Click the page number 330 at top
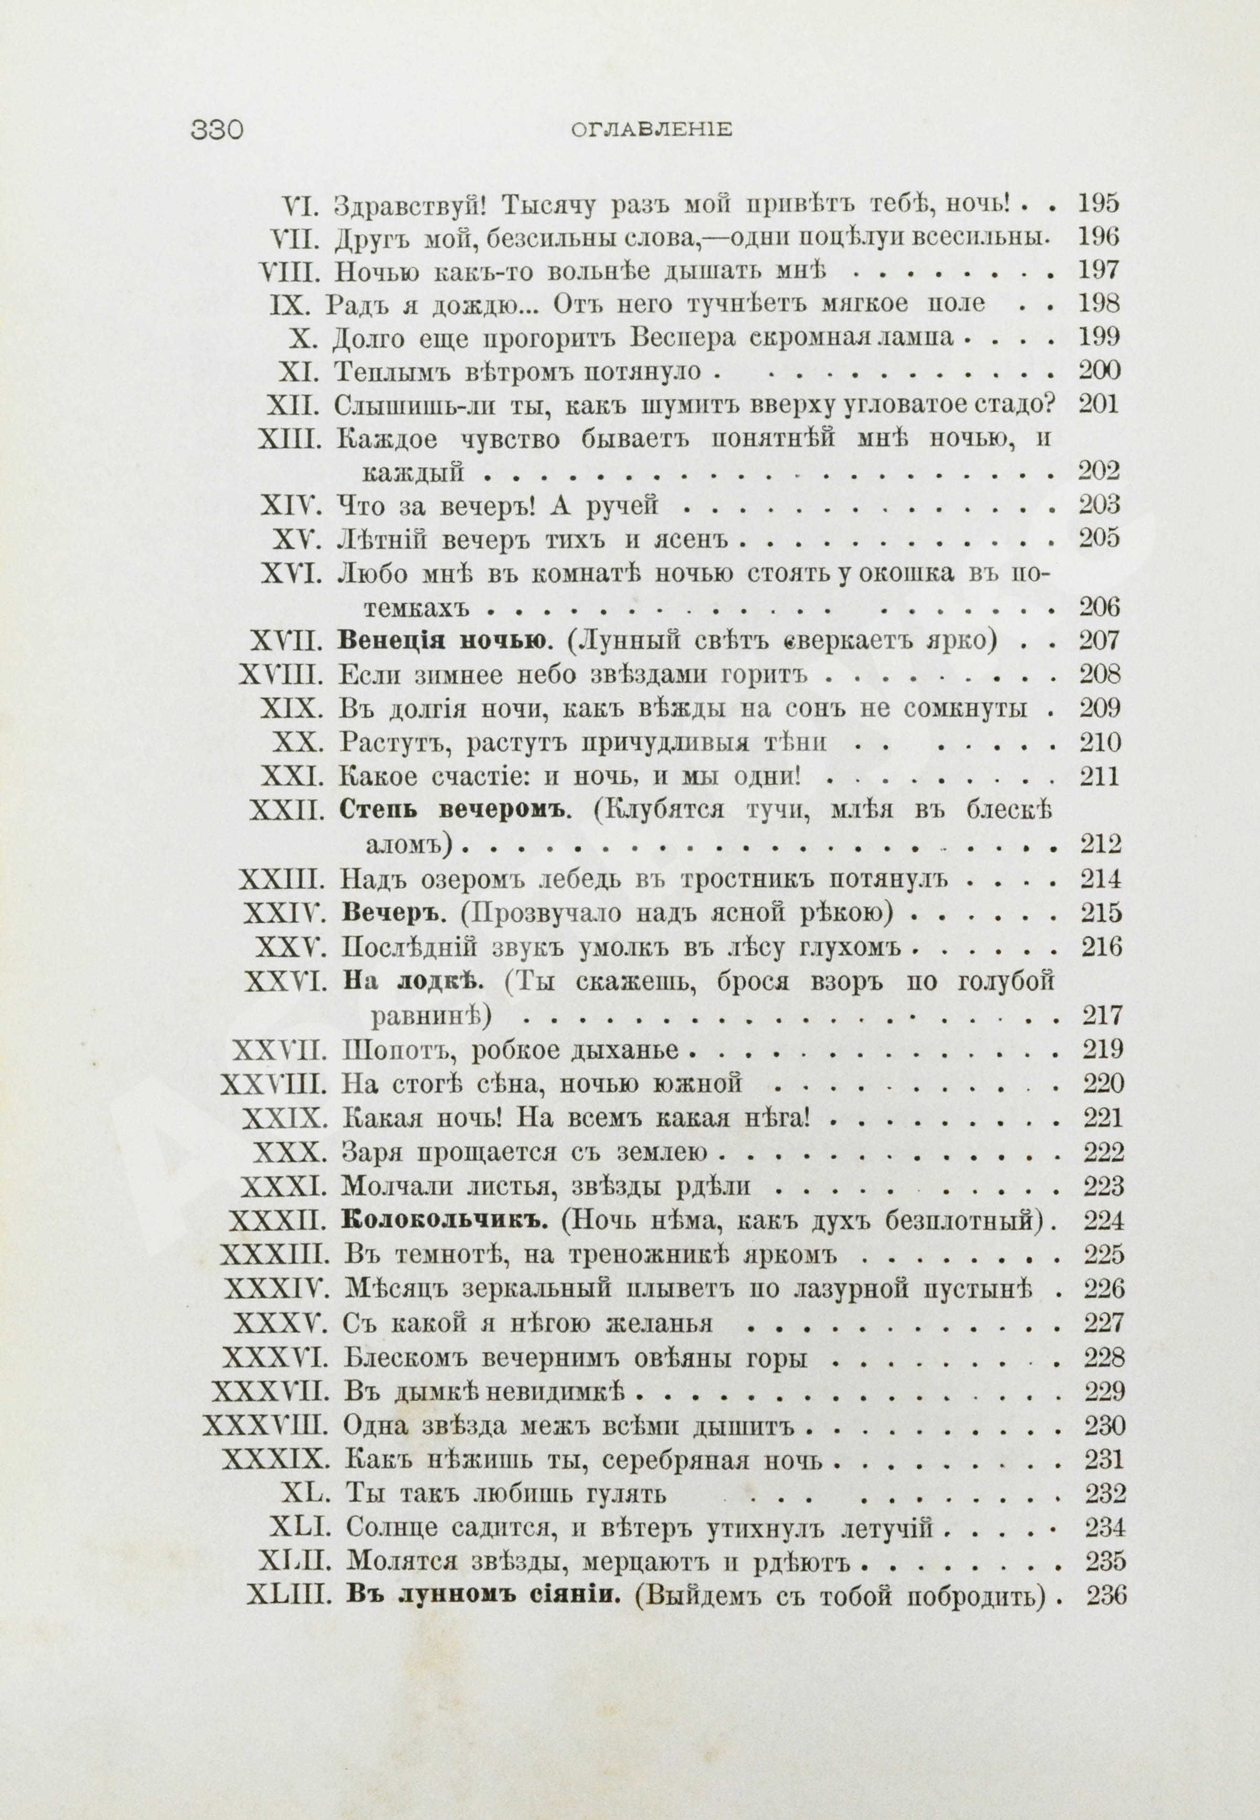216,130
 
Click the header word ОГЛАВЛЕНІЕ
651,130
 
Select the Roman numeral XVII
287,641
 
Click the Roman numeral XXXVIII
264,1426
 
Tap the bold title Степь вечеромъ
453,811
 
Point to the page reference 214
1100,878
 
